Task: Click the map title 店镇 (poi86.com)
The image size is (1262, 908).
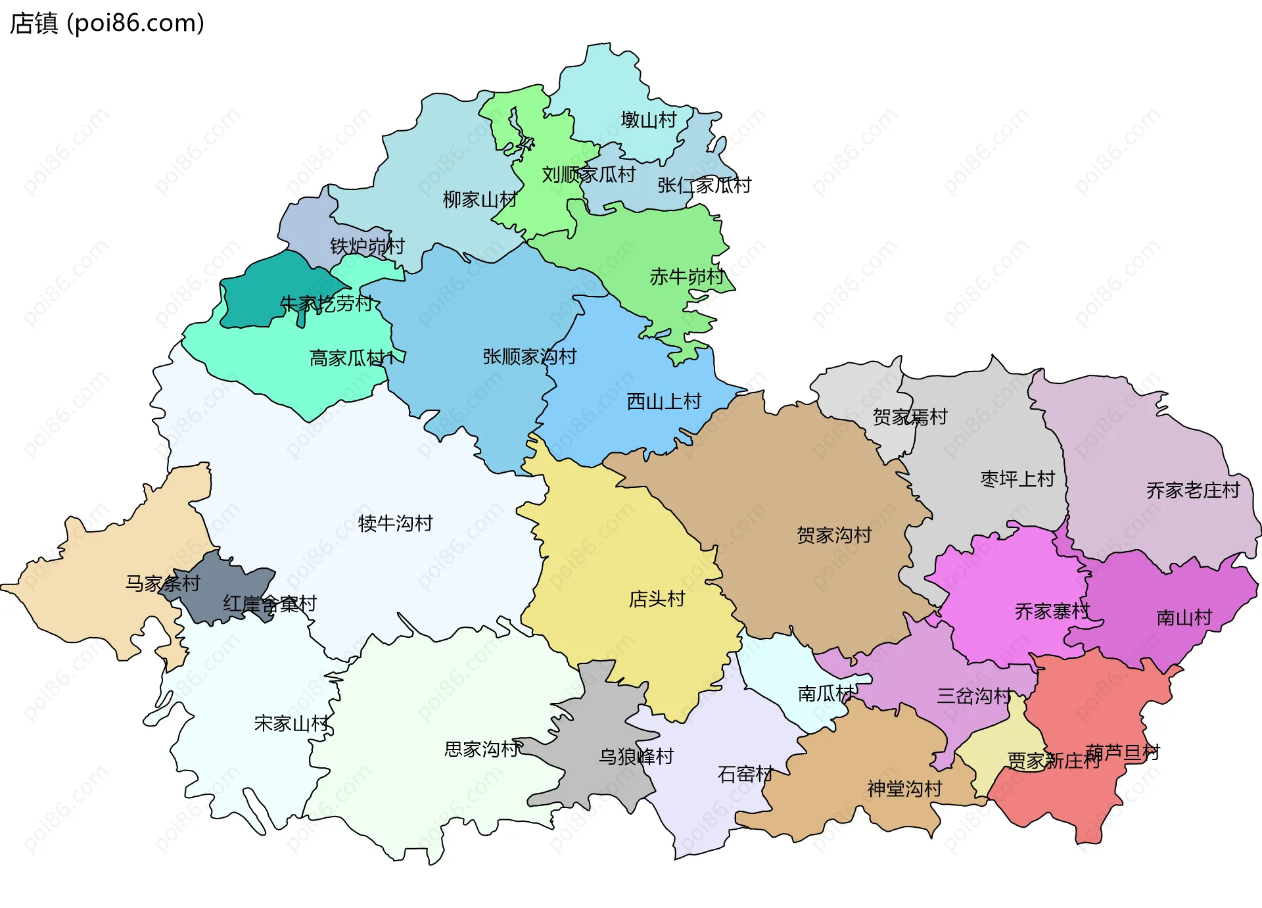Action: click(x=107, y=24)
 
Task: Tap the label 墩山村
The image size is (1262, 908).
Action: click(x=648, y=120)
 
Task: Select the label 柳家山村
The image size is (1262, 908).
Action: click(x=479, y=200)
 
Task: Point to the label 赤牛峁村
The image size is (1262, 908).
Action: click(x=686, y=277)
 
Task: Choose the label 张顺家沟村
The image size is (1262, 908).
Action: click(x=529, y=357)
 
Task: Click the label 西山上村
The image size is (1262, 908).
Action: click(x=664, y=402)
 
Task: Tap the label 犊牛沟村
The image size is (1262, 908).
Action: click(x=395, y=524)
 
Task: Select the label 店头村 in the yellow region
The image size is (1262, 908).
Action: click(x=657, y=600)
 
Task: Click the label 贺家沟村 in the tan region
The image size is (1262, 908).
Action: click(x=833, y=536)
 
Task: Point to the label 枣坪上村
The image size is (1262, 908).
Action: click(x=1017, y=479)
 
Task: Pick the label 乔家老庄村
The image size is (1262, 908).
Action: click(x=1192, y=490)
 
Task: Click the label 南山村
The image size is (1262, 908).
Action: click(x=1184, y=618)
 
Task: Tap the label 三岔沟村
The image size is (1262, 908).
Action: click(x=973, y=696)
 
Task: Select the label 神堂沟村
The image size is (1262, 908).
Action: click(x=904, y=789)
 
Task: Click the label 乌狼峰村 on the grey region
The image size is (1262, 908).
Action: click(x=636, y=757)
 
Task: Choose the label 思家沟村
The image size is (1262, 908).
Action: click(x=482, y=750)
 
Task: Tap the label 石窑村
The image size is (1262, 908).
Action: click(x=745, y=775)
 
